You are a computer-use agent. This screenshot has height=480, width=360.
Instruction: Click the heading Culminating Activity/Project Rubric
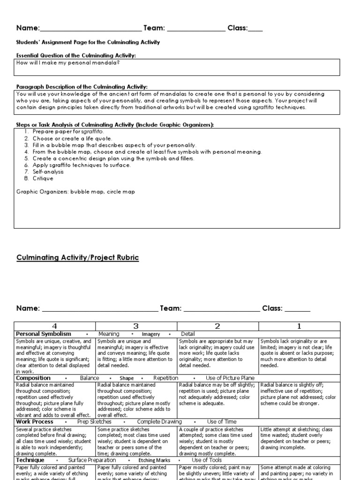[x=78, y=258]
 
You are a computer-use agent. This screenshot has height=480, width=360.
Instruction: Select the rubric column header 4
[x=55, y=326]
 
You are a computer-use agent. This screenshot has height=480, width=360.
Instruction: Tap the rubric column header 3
[x=136, y=326]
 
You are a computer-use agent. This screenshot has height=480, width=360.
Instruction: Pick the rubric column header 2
[x=217, y=326]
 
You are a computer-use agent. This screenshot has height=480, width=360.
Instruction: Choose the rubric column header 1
[x=299, y=326]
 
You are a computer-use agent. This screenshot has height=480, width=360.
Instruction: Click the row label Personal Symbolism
[x=44, y=334]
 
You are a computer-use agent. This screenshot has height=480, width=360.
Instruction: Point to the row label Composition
[x=33, y=378]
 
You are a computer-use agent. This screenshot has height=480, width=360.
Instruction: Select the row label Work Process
[x=35, y=422]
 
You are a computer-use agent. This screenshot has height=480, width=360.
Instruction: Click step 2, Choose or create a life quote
[x=72, y=139]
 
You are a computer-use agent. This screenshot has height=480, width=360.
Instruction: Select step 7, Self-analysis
[x=48, y=172]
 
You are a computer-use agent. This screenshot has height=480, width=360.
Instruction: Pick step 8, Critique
[x=43, y=178]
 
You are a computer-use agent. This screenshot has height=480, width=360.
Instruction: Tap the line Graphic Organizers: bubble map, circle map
[x=75, y=192]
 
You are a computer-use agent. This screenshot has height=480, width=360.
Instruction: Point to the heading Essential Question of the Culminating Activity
[x=76, y=55]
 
